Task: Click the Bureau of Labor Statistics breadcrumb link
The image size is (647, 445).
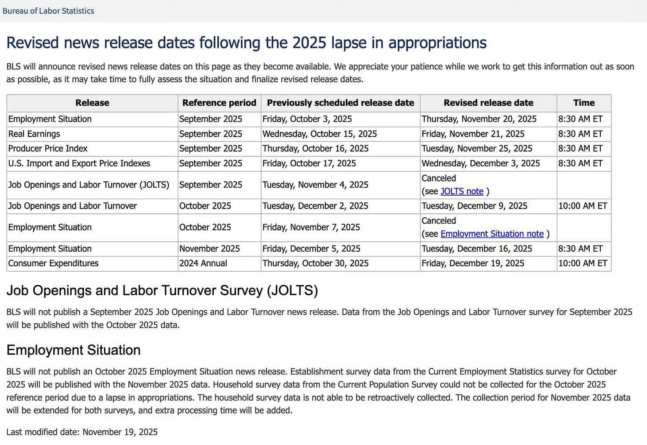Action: [48, 11]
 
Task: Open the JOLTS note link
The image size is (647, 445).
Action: [462, 191]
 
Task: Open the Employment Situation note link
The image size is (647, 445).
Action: [492, 234]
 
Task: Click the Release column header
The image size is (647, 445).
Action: [92, 103]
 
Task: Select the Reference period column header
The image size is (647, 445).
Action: [219, 103]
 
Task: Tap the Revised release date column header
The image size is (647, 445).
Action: [488, 103]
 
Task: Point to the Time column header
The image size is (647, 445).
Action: [583, 103]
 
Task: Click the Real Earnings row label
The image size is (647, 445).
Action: [34, 134]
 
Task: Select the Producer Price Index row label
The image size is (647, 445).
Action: [48, 148]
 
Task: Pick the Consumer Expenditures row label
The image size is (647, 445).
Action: [53, 263]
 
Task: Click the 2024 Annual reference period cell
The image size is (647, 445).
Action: [203, 263]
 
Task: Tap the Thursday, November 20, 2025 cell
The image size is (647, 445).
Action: [479, 119]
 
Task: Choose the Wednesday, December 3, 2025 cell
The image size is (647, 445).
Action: [480, 163]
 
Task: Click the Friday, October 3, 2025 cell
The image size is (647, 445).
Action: [307, 119]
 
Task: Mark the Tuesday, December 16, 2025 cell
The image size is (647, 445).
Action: [477, 249]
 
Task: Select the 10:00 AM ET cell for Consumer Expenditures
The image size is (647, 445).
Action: [583, 263]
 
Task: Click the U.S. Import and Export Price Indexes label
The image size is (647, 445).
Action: [79, 163]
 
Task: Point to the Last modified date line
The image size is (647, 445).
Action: [82, 432]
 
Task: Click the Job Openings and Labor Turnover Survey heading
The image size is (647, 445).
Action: [162, 290]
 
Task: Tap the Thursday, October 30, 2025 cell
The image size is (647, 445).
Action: [316, 263]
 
